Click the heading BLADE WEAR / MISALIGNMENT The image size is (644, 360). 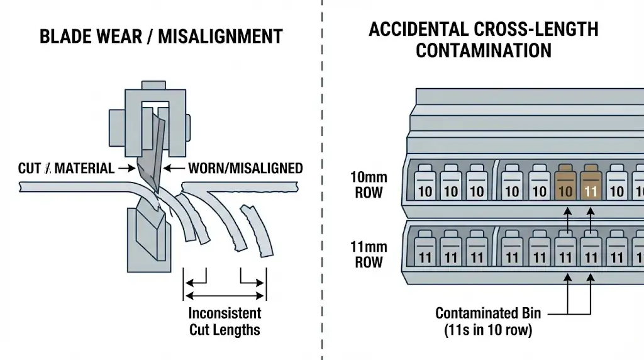coord(161,37)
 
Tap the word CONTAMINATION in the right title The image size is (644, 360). coord(483,50)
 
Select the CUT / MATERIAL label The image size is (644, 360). coord(67,169)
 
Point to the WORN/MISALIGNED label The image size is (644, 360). coord(245,169)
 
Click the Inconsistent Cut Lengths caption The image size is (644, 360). coord(225,321)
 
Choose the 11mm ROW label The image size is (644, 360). coord(368,254)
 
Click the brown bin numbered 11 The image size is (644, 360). coord(591,184)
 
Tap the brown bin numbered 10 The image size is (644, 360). coord(565,184)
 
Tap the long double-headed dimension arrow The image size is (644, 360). coord(225,295)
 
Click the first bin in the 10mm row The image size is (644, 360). coord(425,184)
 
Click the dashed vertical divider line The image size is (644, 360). coord(322,189)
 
